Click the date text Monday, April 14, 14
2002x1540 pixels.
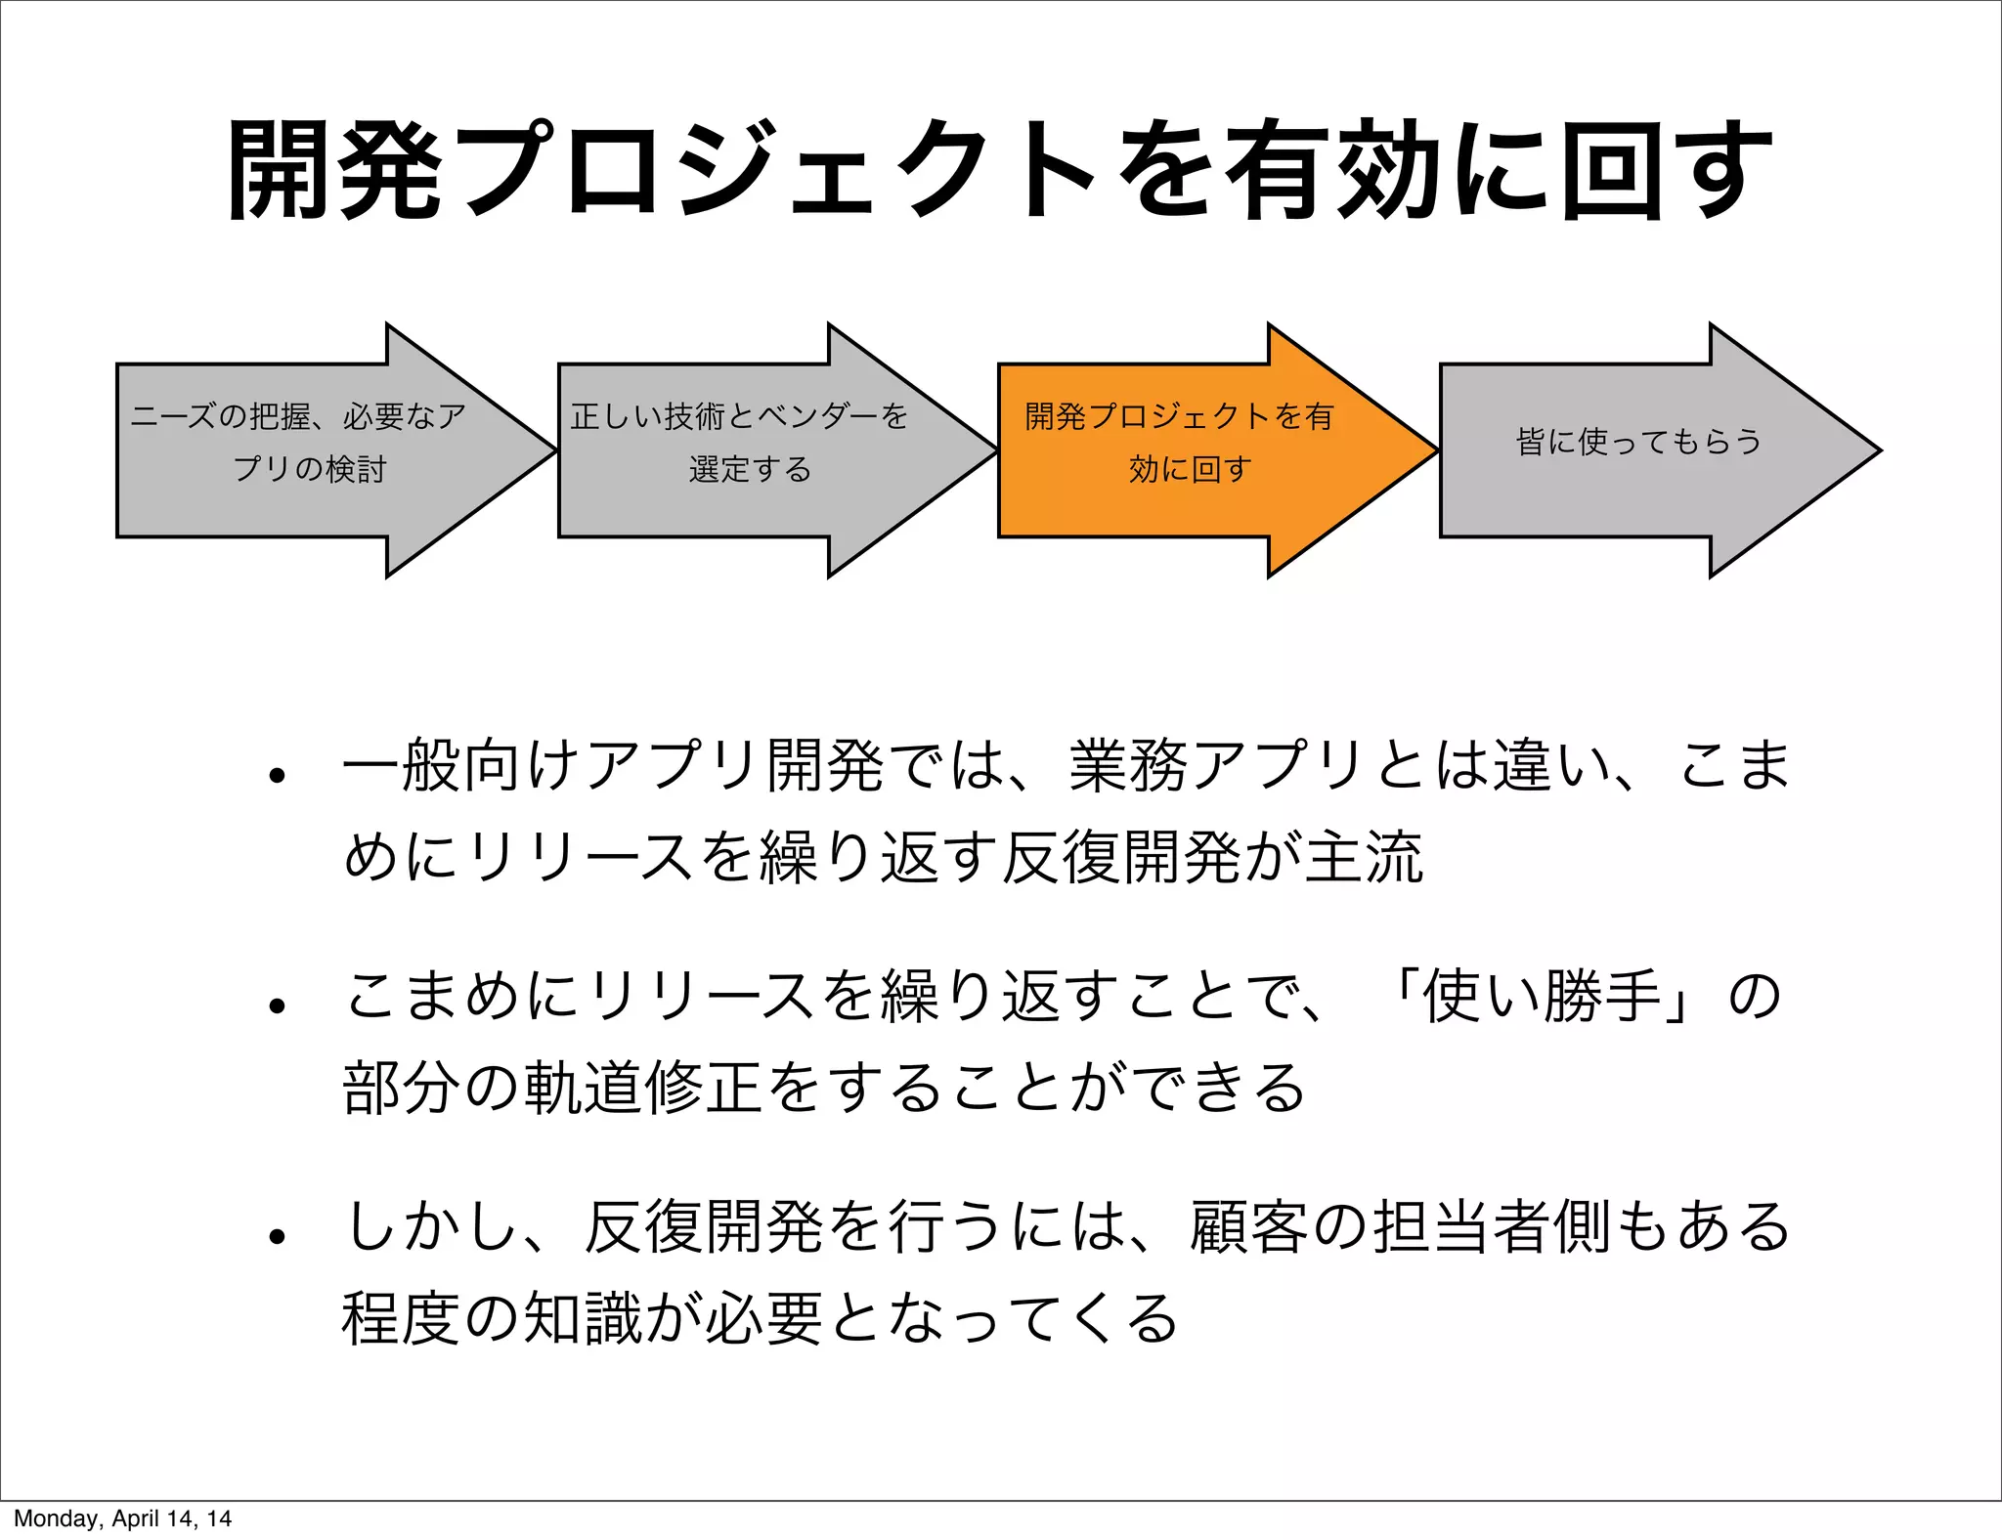pos(122,1519)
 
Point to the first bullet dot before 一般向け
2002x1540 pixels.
pos(278,776)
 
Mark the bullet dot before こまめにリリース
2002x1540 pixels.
pos(278,1005)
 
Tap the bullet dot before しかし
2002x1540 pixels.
pos(278,1236)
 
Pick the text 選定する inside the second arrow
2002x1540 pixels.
pos(750,470)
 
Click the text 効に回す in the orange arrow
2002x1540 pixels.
pos(1190,470)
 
